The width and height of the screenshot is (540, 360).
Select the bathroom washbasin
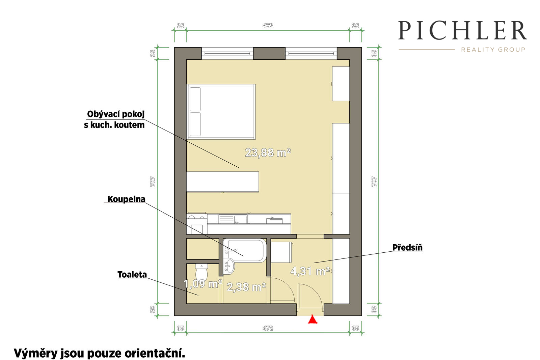[229, 266]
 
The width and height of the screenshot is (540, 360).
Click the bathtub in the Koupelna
[245, 250]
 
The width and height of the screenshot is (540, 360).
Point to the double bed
[221, 112]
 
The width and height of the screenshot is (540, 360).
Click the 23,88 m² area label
[268, 153]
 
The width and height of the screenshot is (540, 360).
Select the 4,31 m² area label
[310, 271]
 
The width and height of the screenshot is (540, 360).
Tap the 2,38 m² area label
[246, 287]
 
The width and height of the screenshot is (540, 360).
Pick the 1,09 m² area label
[203, 284]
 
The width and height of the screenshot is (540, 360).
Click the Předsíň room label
[407, 247]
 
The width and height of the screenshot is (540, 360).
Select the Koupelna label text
[126, 199]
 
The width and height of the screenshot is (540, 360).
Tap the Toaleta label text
[132, 274]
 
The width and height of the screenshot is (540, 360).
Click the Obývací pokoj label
[116, 114]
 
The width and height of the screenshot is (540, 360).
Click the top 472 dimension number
[268, 26]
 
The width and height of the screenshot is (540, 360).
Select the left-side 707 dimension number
[153, 182]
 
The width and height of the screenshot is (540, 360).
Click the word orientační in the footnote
[155, 353]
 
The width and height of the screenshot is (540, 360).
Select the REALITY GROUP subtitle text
[493, 49]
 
